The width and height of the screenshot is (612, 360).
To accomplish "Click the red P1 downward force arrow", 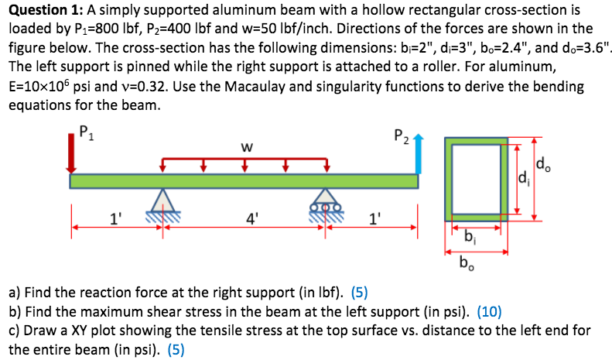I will tap(72, 155).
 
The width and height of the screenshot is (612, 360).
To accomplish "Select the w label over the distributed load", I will tap(245, 146).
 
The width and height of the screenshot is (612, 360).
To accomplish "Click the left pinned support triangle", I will tap(162, 202).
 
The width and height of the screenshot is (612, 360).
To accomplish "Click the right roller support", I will tap(326, 203).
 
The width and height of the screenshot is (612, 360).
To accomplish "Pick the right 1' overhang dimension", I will tap(374, 218).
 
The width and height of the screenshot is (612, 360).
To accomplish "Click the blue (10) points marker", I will tap(490, 313).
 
